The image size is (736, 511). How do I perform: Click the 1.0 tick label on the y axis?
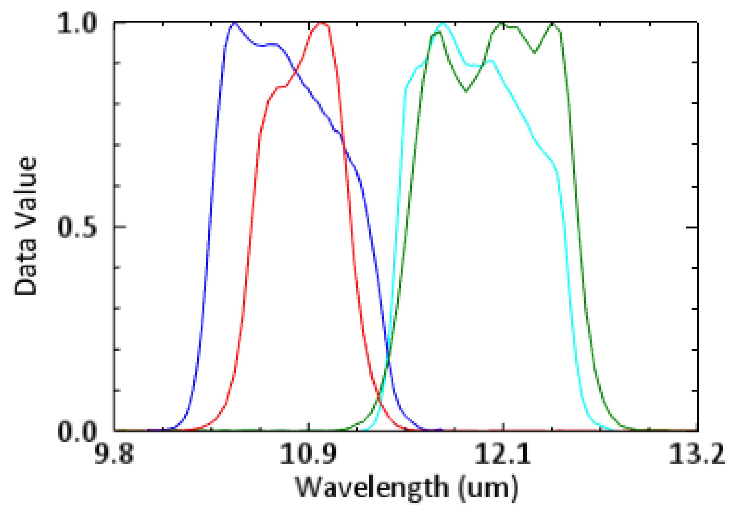point(77,24)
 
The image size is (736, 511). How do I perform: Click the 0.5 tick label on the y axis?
point(77,228)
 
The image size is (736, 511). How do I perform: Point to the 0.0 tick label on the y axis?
point(77,432)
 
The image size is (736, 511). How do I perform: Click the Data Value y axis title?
point(25,226)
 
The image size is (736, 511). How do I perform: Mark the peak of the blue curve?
point(234,23)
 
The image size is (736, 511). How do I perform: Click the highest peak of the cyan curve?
point(443,23)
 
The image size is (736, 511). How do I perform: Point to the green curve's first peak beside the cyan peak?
point(439,32)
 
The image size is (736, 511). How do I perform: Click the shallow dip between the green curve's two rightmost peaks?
point(535,52)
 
